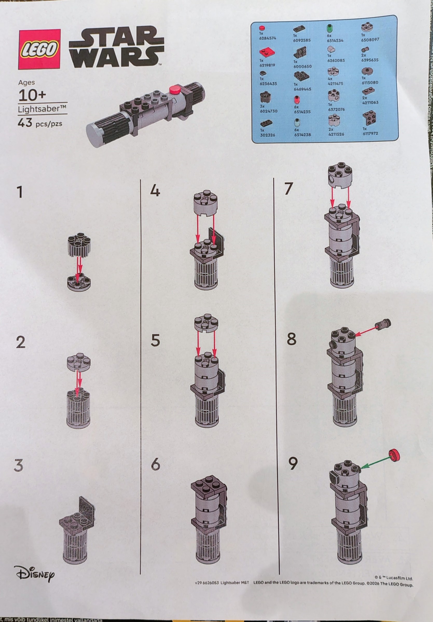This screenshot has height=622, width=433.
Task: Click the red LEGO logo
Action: pyautogui.click(x=39, y=49)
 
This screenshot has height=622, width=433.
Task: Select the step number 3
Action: pyautogui.click(x=18, y=466)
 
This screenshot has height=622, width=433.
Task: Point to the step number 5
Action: pyautogui.click(x=155, y=341)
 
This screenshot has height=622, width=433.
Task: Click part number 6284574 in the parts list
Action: pyautogui.click(x=267, y=38)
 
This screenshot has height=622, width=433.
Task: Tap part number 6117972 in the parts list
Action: pyautogui.click(x=370, y=133)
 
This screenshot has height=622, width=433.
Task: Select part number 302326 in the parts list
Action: pyautogui.click(x=267, y=135)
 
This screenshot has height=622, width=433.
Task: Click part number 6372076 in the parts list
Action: pyautogui.click(x=336, y=109)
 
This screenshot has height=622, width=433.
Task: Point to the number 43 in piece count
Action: pyautogui.click(x=25, y=123)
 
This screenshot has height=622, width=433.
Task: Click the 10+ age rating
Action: pyautogui.click(x=32, y=95)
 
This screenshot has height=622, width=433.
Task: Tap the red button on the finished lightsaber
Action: pyautogui.click(x=174, y=90)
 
